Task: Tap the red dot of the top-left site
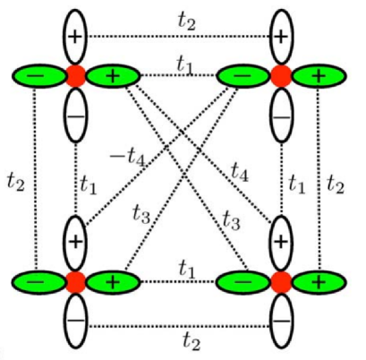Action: click(x=76, y=75)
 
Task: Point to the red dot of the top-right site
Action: click(x=282, y=75)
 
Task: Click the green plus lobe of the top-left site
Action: click(x=112, y=75)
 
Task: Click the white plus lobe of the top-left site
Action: click(x=76, y=36)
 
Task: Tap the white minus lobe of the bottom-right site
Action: click(x=282, y=321)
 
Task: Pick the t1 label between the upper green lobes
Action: click(x=184, y=63)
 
